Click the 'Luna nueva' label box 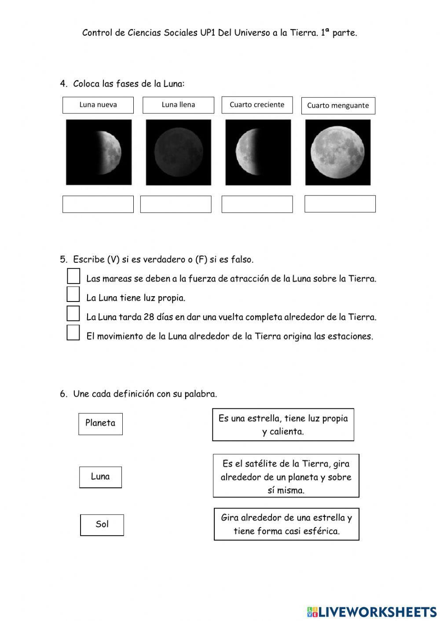click(98, 105)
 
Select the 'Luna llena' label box click(178, 105)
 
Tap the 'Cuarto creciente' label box click(257, 105)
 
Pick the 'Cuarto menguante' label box click(338, 105)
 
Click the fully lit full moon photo click(338, 152)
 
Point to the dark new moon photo click(178, 152)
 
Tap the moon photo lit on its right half click(99, 152)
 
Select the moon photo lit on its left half click(258, 152)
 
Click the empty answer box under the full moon click(340, 204)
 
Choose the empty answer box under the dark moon click(176, 204)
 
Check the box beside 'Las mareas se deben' click(73, 276)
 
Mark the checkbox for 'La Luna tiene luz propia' click(73, 294)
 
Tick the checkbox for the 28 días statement click(73, 314)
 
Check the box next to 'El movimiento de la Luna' click(73, 333)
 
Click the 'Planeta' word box click(100, 424)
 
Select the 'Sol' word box click(102, 525)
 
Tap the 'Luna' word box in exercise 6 click(100, 477)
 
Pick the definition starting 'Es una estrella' click(283, 425)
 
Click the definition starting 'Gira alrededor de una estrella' click(286, 524)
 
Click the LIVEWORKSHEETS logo click(372, 611)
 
